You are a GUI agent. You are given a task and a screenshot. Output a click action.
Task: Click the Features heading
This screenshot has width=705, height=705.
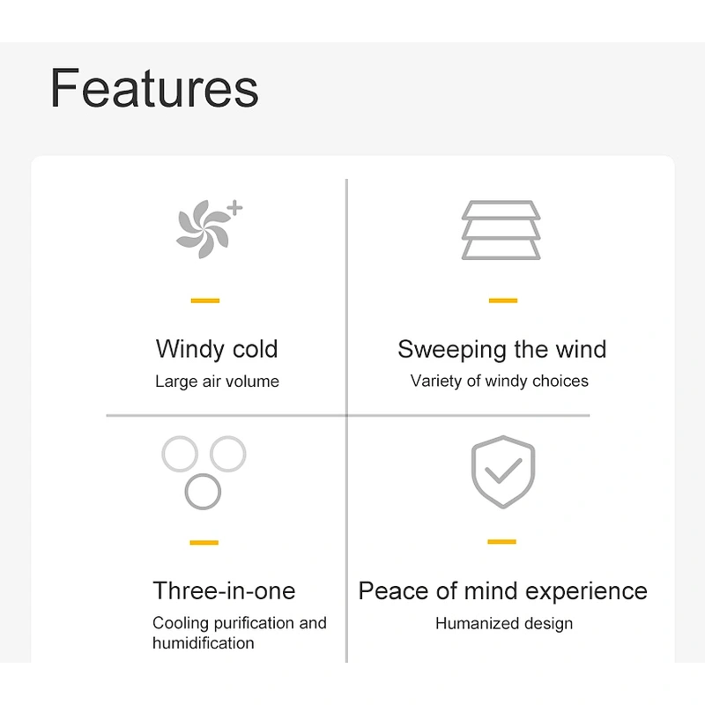click(154, 87)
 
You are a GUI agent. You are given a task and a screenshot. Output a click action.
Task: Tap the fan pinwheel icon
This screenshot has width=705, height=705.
click(203, 229)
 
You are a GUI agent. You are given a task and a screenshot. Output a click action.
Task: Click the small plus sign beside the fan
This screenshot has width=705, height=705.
click(234, 208)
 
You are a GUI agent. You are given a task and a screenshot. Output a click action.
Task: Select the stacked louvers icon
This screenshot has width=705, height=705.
click(501, 230)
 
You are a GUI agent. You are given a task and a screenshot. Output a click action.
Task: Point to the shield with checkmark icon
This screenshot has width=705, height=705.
click(503, 472)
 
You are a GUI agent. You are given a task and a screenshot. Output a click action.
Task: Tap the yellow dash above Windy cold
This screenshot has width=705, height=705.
click(205, 301)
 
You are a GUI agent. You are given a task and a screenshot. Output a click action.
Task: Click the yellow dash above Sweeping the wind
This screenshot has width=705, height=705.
click(503, 301)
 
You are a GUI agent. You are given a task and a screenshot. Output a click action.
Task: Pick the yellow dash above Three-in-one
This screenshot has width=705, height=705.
click(204, 542)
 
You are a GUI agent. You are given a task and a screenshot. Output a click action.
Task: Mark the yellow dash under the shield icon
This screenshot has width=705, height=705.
click(501, 541)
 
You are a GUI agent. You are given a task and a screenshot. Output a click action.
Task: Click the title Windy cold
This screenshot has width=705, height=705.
click(217, 349)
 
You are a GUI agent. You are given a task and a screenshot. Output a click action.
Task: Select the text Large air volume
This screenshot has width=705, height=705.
click(217, 382)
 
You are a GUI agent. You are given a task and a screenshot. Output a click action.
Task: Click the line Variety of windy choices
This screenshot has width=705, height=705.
click(499, 382)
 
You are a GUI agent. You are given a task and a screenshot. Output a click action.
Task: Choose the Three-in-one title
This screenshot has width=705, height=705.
click(224, 590)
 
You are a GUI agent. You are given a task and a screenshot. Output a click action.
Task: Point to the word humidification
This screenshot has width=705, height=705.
click(204, 643)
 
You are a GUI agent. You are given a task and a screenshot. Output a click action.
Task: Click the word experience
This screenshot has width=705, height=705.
click(586, 591)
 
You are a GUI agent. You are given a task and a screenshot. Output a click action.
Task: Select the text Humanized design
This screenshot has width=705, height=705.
click(504, 624)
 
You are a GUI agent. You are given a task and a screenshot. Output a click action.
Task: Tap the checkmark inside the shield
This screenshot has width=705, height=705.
click(502, 471)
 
